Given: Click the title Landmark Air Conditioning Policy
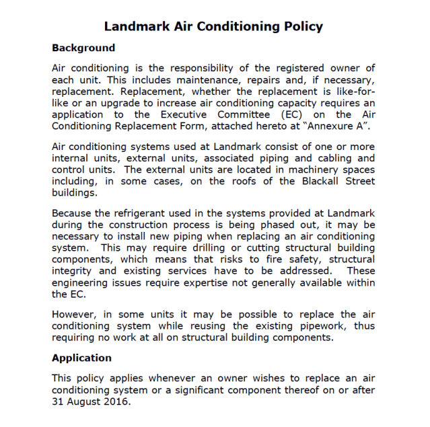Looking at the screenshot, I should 214,27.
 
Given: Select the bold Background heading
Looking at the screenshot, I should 83,48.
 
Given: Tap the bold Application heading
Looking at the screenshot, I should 81,358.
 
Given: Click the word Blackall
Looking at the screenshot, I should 301,181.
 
